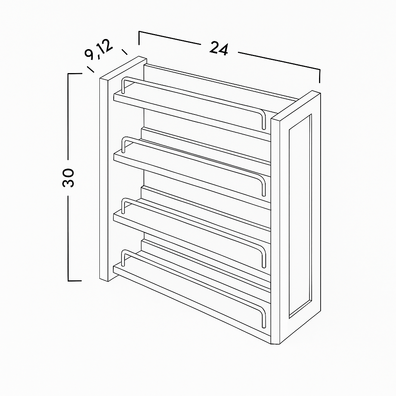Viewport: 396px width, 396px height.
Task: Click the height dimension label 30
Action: click(68, 178)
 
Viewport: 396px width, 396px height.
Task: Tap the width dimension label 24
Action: click(219, 48)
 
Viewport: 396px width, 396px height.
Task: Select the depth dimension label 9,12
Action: click(99, 49)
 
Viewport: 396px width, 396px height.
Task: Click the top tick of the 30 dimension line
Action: click(75, 73)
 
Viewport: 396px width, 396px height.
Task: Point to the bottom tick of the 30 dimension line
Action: click(75, 281)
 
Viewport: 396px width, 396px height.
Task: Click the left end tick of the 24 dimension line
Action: click(139, 38)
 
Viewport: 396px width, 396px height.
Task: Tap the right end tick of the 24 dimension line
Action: click(320, 76)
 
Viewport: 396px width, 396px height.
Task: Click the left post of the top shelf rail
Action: click(123, 85)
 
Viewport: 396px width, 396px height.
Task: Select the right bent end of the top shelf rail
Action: click(263, 119)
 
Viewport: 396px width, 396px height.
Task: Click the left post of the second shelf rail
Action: click(123, 145)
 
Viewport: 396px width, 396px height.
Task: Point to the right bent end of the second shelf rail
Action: click(263, 185)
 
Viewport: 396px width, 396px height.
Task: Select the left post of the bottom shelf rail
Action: click(123, 258)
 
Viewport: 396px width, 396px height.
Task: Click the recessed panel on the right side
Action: click(300, 215)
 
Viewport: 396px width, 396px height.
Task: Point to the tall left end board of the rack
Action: click(104, 179)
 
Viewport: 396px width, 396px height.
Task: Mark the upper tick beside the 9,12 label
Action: click(125, 52)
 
